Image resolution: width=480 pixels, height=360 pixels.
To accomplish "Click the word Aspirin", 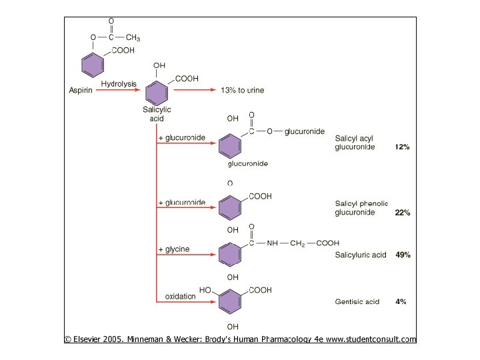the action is coord(81,90).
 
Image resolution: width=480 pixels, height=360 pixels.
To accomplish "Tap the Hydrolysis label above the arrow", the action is coord(119,83).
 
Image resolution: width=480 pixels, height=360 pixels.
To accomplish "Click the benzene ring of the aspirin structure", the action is coord(93,65).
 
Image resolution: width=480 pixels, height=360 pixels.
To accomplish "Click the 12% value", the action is coord(402,147).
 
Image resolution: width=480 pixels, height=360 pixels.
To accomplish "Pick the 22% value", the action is coord(402,213).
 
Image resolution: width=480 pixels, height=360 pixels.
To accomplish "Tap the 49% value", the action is coord(403,255).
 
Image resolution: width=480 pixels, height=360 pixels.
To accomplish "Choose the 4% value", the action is coord(401,301).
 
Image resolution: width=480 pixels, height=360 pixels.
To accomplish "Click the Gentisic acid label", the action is coord(357,301).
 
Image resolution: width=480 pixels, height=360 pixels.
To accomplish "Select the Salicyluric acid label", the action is coord(360,255).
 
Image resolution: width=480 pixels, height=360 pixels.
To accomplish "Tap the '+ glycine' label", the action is coord(174,249).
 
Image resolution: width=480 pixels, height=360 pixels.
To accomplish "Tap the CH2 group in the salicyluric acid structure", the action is coord(297,243).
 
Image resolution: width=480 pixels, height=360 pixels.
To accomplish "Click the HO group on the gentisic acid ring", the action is coord(205,291).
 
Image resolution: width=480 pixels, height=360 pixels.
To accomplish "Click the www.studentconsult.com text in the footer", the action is coord(371,339).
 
